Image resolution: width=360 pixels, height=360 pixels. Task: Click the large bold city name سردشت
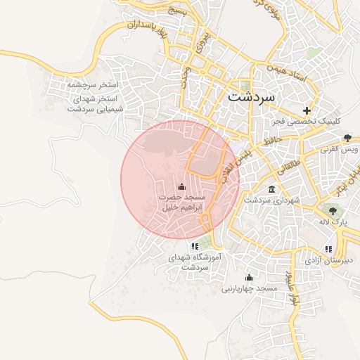point(254,96)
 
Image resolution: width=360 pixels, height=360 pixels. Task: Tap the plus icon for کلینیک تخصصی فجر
point(307,110)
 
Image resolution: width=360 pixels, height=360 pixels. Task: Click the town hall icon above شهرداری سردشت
point(271,188)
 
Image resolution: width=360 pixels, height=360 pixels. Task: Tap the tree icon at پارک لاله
point(333,210)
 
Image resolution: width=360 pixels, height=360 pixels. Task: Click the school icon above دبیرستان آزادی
point(328,248)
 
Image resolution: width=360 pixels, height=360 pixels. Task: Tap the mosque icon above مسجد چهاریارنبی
point(248,277)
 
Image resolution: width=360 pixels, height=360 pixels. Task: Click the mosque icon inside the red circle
point(182,187)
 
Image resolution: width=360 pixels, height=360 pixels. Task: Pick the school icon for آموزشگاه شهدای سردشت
point(194,246)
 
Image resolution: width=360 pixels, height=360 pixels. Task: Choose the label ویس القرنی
point(340,149)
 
